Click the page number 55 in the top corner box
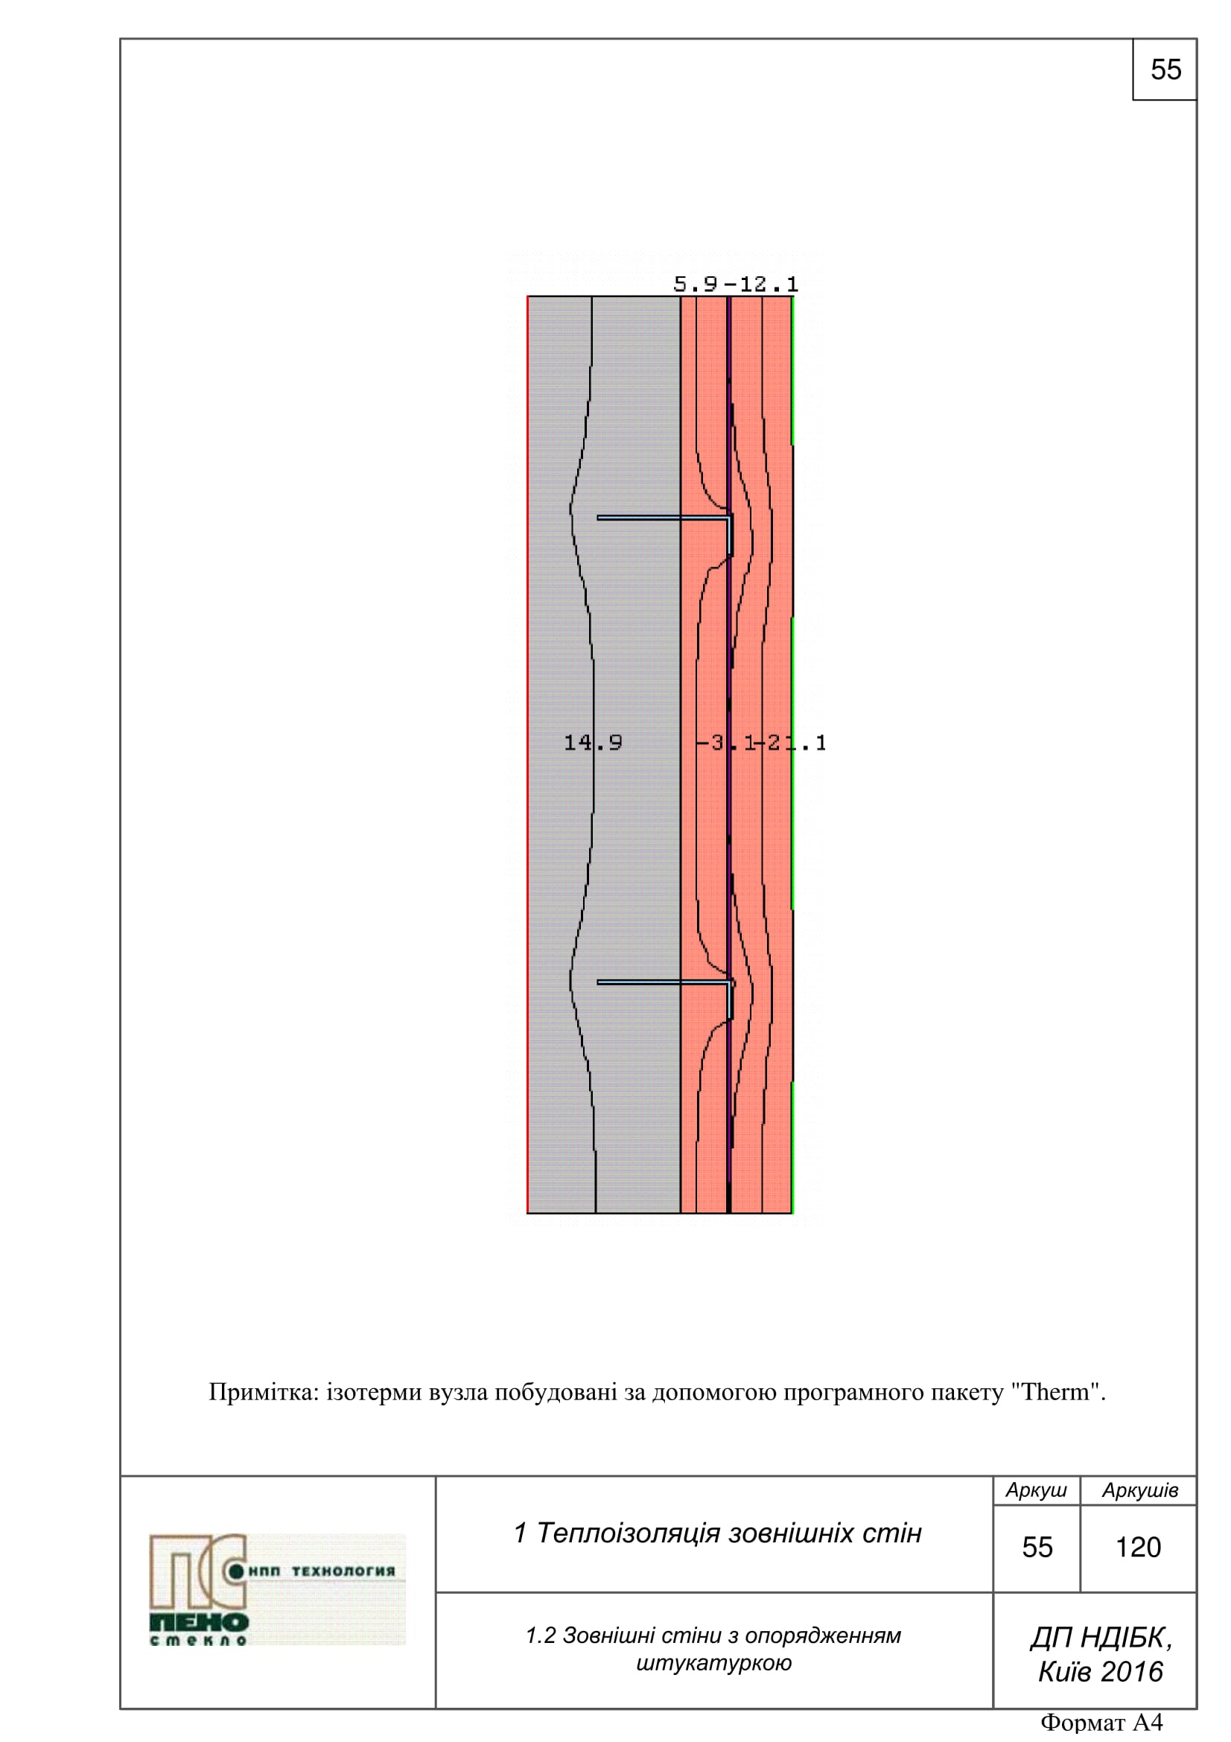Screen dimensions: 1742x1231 point(1165,70)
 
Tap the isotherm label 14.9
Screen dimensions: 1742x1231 point(592,742)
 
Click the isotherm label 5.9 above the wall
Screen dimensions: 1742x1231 point(695,284)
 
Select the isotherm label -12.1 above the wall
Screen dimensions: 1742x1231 point(762,284)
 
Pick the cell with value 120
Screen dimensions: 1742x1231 point(1138,1547)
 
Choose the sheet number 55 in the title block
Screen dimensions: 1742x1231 point(1037,1547)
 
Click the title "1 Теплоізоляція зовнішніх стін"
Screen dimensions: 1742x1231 point(717,1533)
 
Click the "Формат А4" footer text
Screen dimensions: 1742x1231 point(1101,1723)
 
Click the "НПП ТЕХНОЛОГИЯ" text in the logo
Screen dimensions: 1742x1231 point(322,1571)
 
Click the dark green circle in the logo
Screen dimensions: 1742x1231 point(236,1571)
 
